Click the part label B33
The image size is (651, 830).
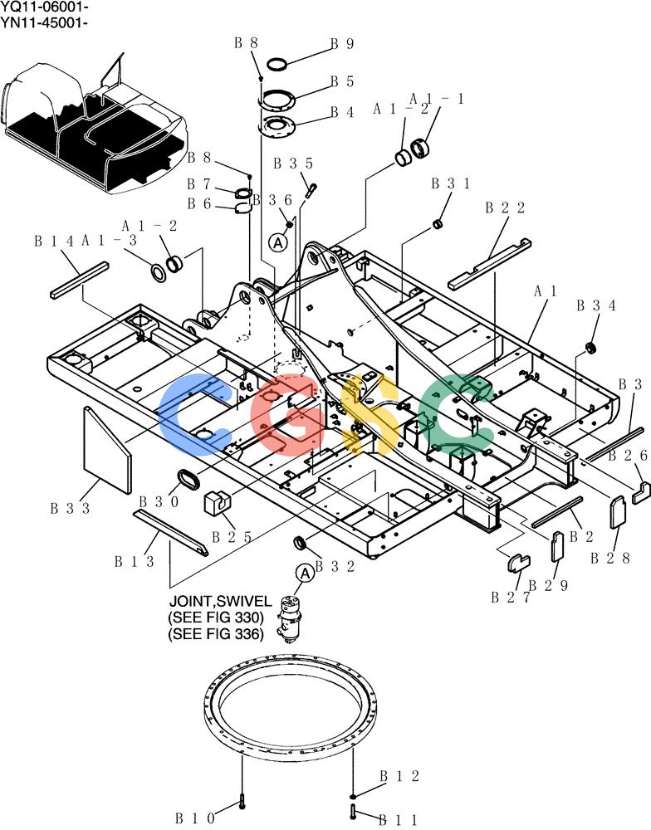(71, 509)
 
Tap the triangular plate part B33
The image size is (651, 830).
(106, 450)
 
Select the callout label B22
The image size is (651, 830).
(505, 207)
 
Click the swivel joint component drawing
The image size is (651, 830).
(291, 619)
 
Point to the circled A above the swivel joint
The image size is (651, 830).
(305, 574)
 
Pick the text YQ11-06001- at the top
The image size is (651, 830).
(45, 8)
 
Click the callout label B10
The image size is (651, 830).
(195, 818)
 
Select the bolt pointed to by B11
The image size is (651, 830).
(353, 809)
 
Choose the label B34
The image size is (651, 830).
(596, 305)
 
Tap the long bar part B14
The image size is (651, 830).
(80, 279)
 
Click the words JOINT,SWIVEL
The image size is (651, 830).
(220, 601)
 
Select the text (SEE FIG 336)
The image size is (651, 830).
(216, 633)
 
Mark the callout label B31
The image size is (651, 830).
(451, 183)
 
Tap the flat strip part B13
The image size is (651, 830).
(170, 532)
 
